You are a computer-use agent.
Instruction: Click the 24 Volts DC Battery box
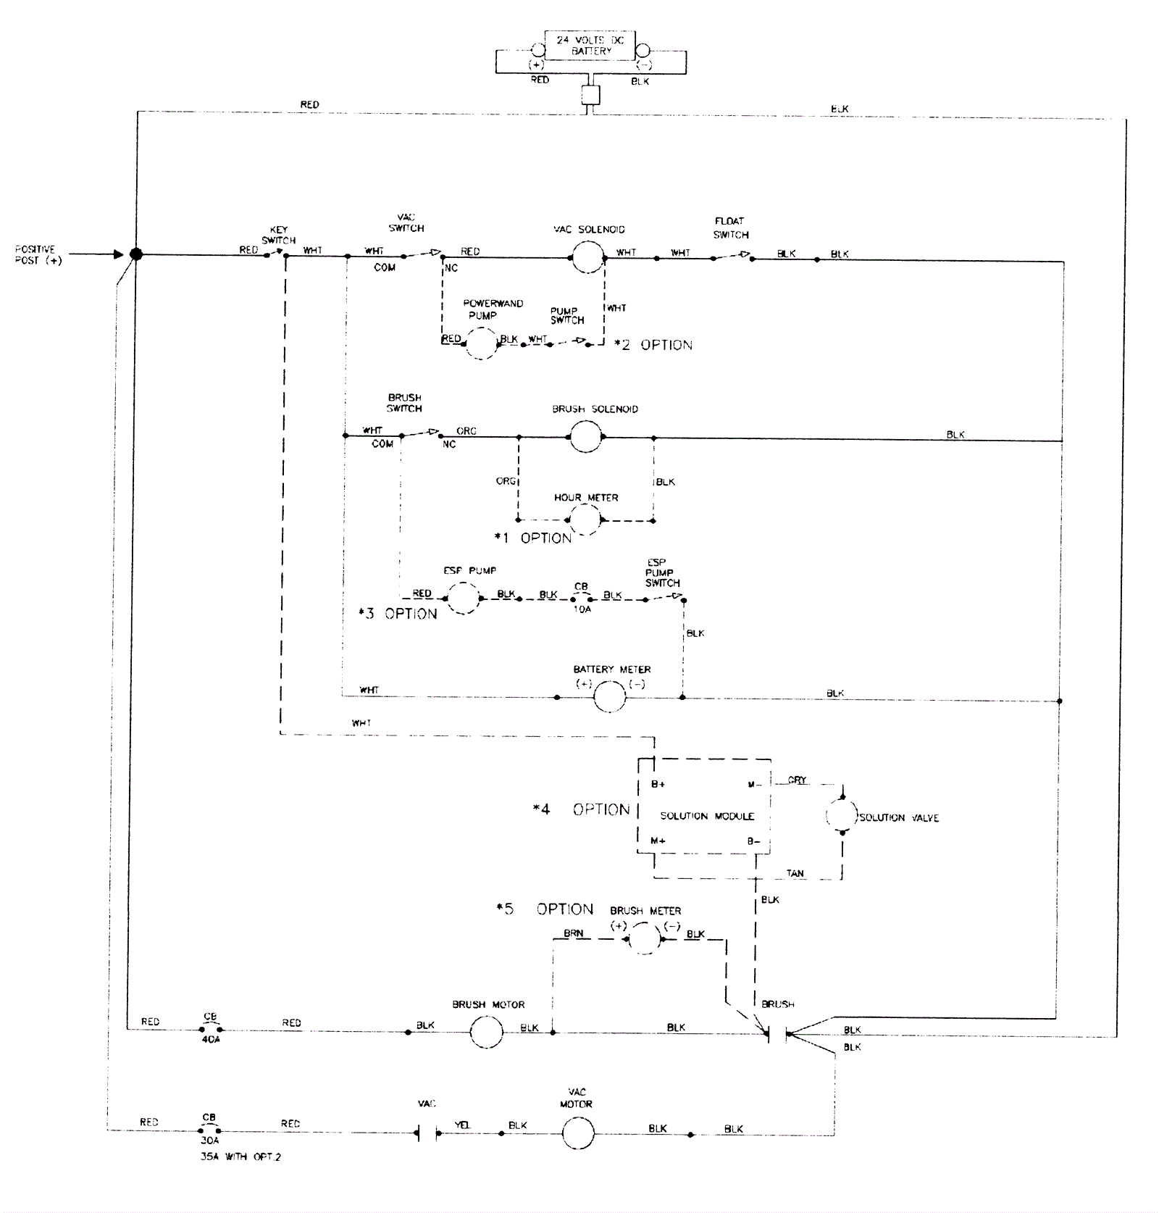pyautogui.click(x=590, y=46)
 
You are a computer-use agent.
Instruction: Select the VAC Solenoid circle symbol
pyautogui.click(x=587, y=257)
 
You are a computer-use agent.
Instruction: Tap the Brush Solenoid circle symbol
pyautogui.click(x=585, y=436)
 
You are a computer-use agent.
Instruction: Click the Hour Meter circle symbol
pyautogui.click(x=584, y=520)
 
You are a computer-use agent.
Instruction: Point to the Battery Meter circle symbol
pyautogui.click(x=609, y=697)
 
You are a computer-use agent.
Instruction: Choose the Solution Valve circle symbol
pyautogui.click(x=842, y=816)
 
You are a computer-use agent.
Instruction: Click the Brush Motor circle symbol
pyautogui.click(x=486, y=1032)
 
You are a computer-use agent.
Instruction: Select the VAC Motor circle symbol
pyautogui.click(x=578, y=1133)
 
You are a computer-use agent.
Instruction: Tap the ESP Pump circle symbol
pyautogui.click(x=463, y=599)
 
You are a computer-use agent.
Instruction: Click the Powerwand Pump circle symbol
pyautogui.click(x=481, y=343)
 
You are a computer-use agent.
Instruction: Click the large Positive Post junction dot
pyautogui.click(x=135, y=254)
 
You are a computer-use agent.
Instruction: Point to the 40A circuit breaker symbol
pyautogui.click(x=211, y=1029)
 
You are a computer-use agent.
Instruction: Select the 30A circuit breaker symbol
pyautogui.click(x=209, y=1130)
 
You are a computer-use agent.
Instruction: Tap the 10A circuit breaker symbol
pyautogui.click(x=582, y=599)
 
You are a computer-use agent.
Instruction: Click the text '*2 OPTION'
pyautogui.click(x=653, y=346)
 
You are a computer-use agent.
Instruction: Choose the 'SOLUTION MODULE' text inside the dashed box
pyautogui.click(x=707, y=816)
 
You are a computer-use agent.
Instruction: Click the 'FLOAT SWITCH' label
pyautogui.click(x=730, y=228)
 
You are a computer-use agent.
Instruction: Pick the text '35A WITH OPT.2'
pyautogui.click(x=240, y=1157)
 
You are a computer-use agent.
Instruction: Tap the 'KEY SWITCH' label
pyautogui.click(x=279, y=235)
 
